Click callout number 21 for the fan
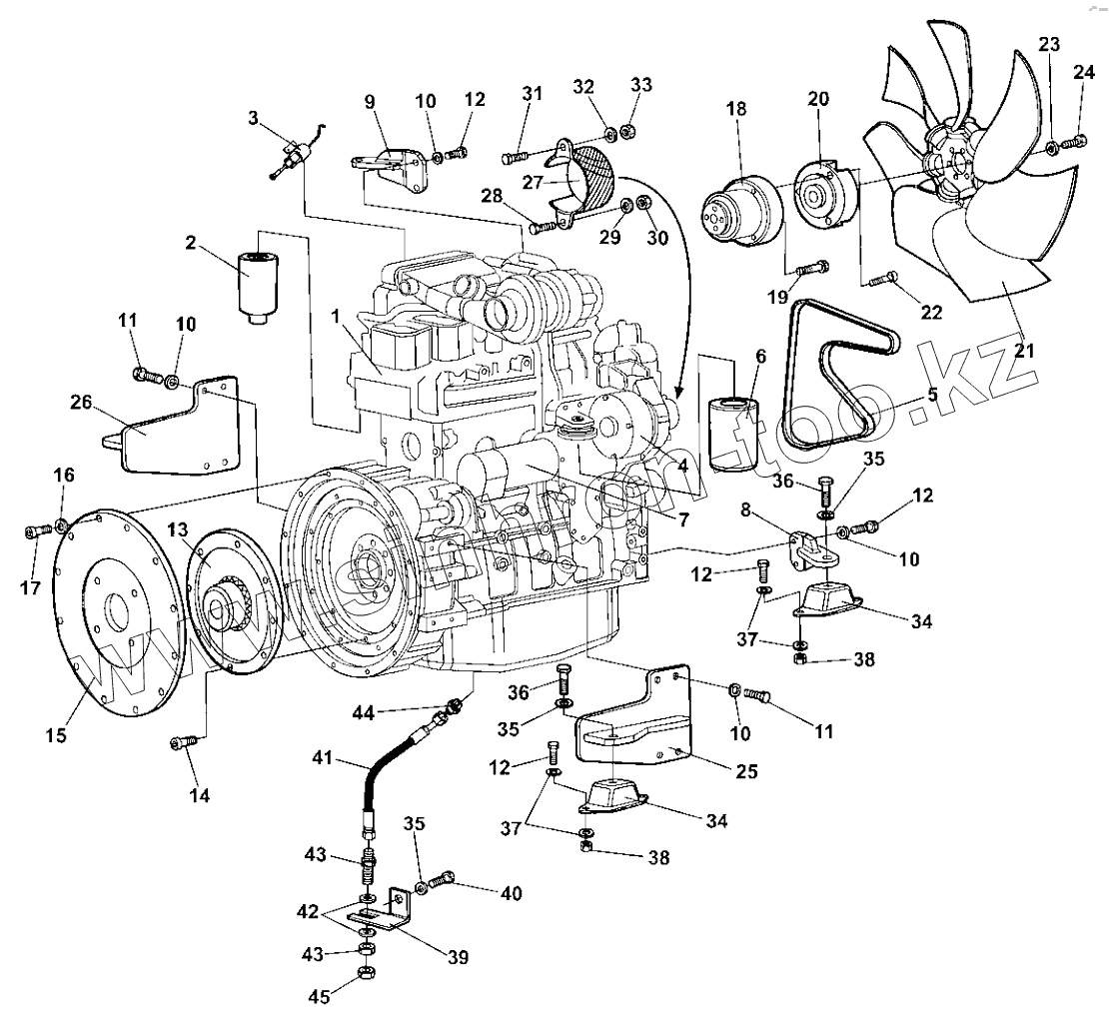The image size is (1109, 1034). pos(1024,351)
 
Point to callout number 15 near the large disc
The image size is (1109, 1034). pos(56,735)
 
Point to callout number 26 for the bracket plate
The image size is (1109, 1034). pos(82,404)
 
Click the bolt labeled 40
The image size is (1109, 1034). pos(444,879)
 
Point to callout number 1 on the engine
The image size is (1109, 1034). pos(338,317)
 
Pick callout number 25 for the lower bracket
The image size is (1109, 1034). pos(745,770)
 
